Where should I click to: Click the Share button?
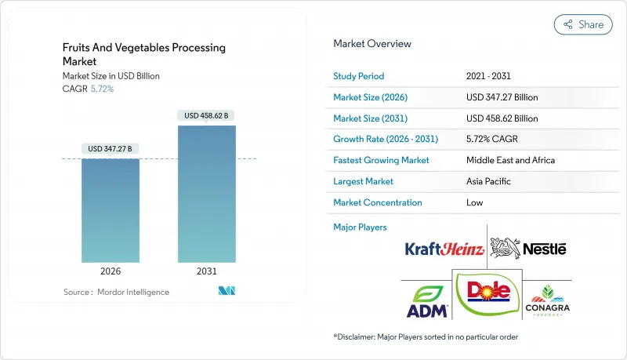583,24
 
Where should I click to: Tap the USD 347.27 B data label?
111,149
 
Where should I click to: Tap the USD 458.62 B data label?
206,115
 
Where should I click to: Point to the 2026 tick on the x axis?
111,271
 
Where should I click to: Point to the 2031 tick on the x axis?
206,271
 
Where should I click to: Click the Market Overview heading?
371,44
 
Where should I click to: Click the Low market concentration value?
474,202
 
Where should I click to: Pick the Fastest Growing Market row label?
382,160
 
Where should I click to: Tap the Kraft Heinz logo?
442,249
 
